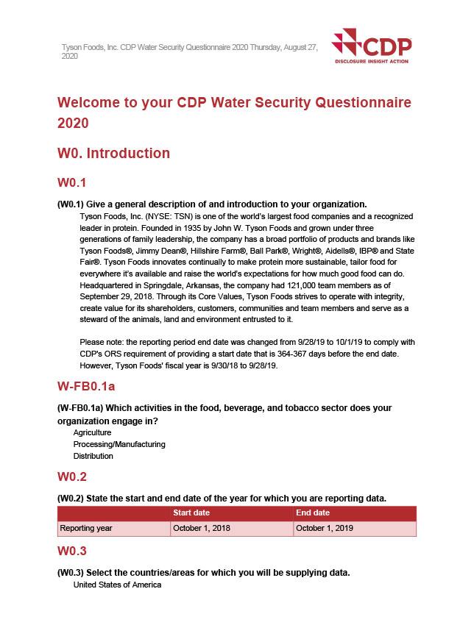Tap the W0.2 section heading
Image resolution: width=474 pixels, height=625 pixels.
71,476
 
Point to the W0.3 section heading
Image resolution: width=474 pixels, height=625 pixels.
71,551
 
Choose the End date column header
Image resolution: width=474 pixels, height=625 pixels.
313,512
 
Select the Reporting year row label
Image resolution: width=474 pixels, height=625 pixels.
86,528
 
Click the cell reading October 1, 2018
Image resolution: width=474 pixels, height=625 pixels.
202,528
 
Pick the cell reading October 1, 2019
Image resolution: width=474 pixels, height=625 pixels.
325,528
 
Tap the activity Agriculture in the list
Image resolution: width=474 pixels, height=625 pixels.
92,433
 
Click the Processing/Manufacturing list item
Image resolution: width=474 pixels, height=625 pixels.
119,444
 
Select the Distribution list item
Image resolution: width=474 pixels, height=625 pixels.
93,456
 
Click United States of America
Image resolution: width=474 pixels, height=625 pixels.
117,585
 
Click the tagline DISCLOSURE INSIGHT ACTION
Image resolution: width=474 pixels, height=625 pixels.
371,61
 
